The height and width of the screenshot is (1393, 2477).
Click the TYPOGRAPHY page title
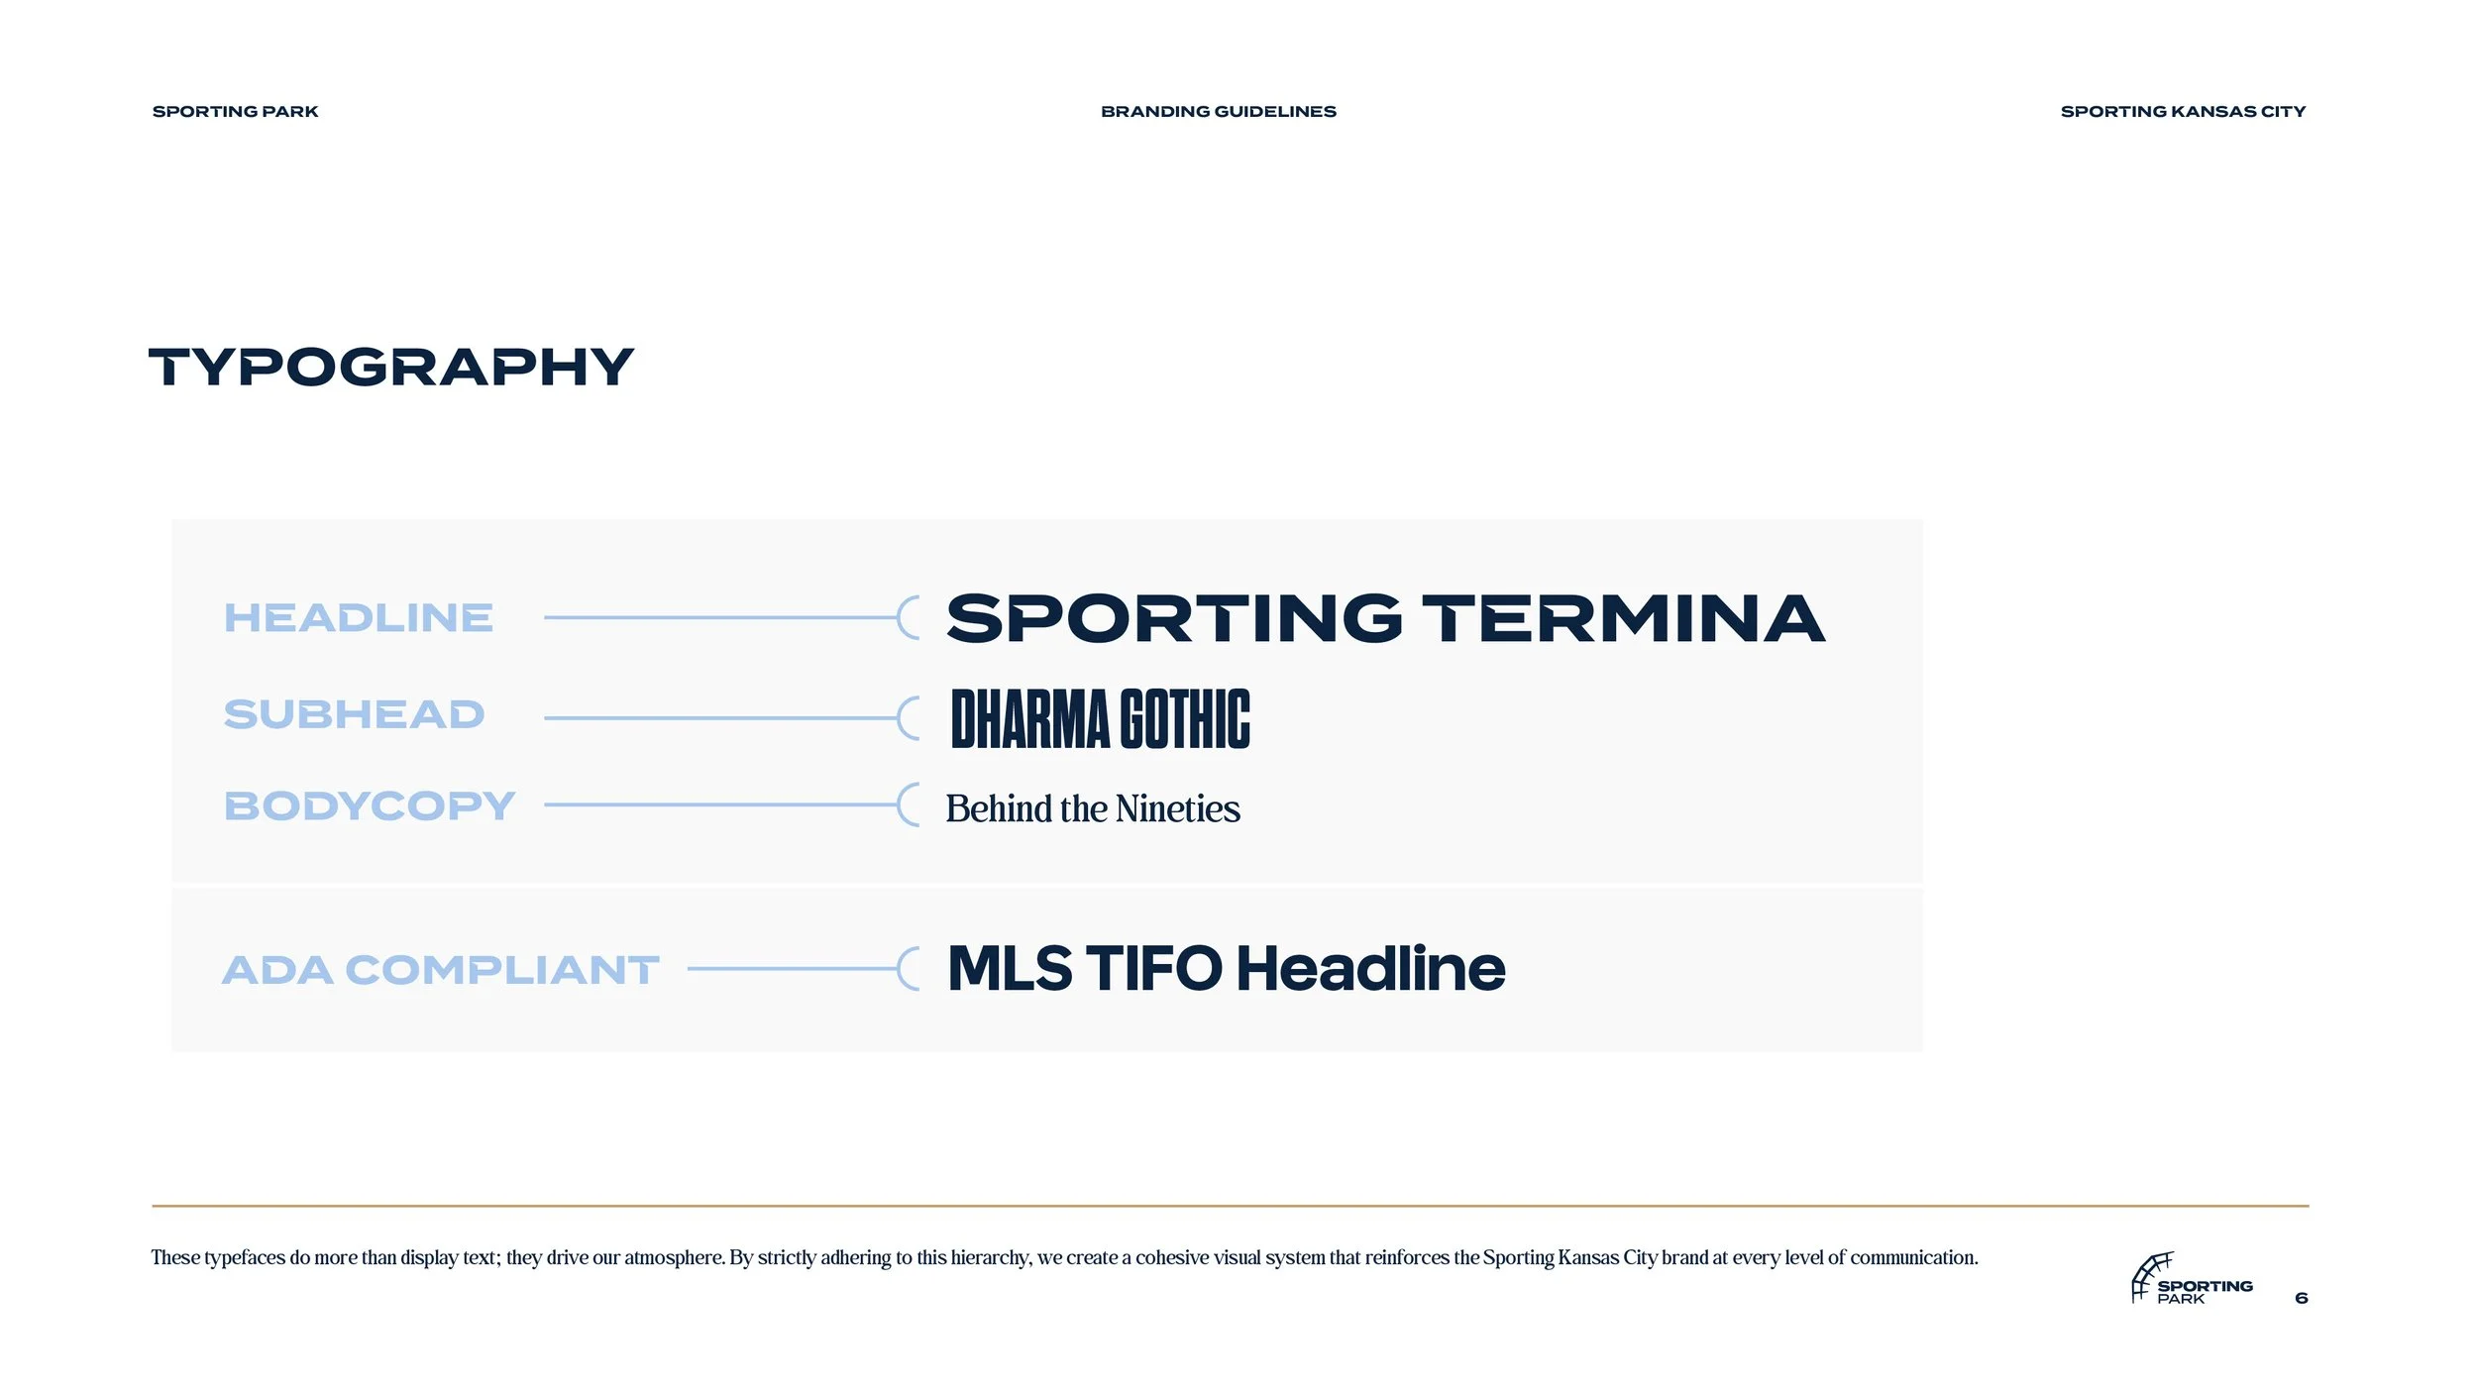pyautogui.click(x=390, y=368)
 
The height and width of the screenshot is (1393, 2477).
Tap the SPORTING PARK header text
pyautogui.click(x=235, y=112)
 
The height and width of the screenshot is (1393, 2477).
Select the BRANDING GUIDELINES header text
pyautogui.click(x=1218, y=112)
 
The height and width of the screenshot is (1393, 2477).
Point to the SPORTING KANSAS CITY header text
pyautogui.click(x=2183, y=112)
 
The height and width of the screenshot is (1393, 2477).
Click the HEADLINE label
pyautogui.click(x=358, y=618)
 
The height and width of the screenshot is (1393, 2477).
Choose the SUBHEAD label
pyautogui.click(x=354, y=714)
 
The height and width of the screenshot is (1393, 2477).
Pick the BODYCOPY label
pyautogui.click(x=369, y=805)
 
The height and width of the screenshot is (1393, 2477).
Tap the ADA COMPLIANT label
pyautogui.click(x=440, y=970)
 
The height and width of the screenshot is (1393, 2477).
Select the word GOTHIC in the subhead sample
pyautogui.click(x=1184, y=719)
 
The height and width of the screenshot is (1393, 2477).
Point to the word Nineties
pyautogui.click(x=1177, y=808)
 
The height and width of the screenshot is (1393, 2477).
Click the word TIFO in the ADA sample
pyautogui.click(x=1153, y=968)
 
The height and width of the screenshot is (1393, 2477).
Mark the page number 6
pyautogui.click(x=2301, y=1298)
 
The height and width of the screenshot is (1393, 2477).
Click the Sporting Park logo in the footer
pyautogui.click(x=2191, y=1279)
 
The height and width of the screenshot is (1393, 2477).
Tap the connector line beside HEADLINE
pyautogui.click(x=721, y=617)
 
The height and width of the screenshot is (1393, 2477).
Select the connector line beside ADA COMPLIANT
pyautogui.click(x=793, y=968)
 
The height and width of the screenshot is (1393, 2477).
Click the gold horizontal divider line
pyautogui.click(x=1230, y=1206)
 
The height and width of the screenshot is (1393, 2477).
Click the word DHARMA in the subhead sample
pyautogui.click(x=1029, y=719)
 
